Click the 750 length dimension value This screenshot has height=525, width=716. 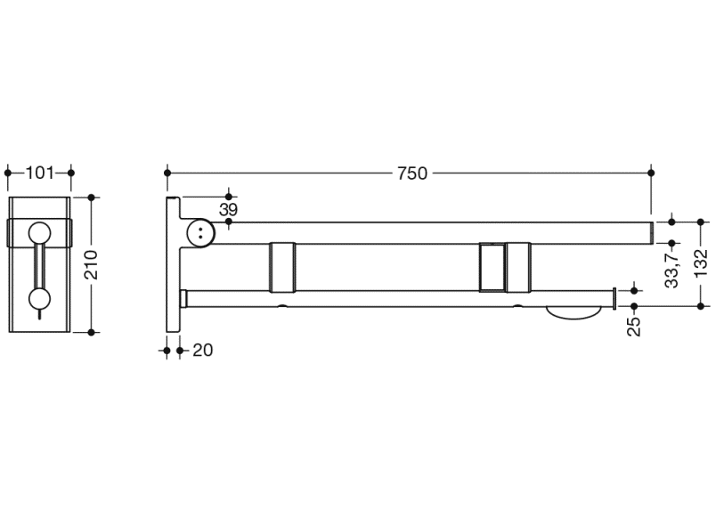tap(412, 174)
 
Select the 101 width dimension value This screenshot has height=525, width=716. tap(40, 173)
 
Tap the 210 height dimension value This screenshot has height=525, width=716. tap(92, 264)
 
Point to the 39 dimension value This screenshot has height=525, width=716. tap(228, 209)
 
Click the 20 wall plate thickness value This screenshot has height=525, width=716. tap(203, 350)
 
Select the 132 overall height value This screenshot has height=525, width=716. tap(701, 262)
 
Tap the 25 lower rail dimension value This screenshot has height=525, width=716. tap(634, 326)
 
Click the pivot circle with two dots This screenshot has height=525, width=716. tap(200, 233)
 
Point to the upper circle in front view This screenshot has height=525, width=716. tap(40, 233)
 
